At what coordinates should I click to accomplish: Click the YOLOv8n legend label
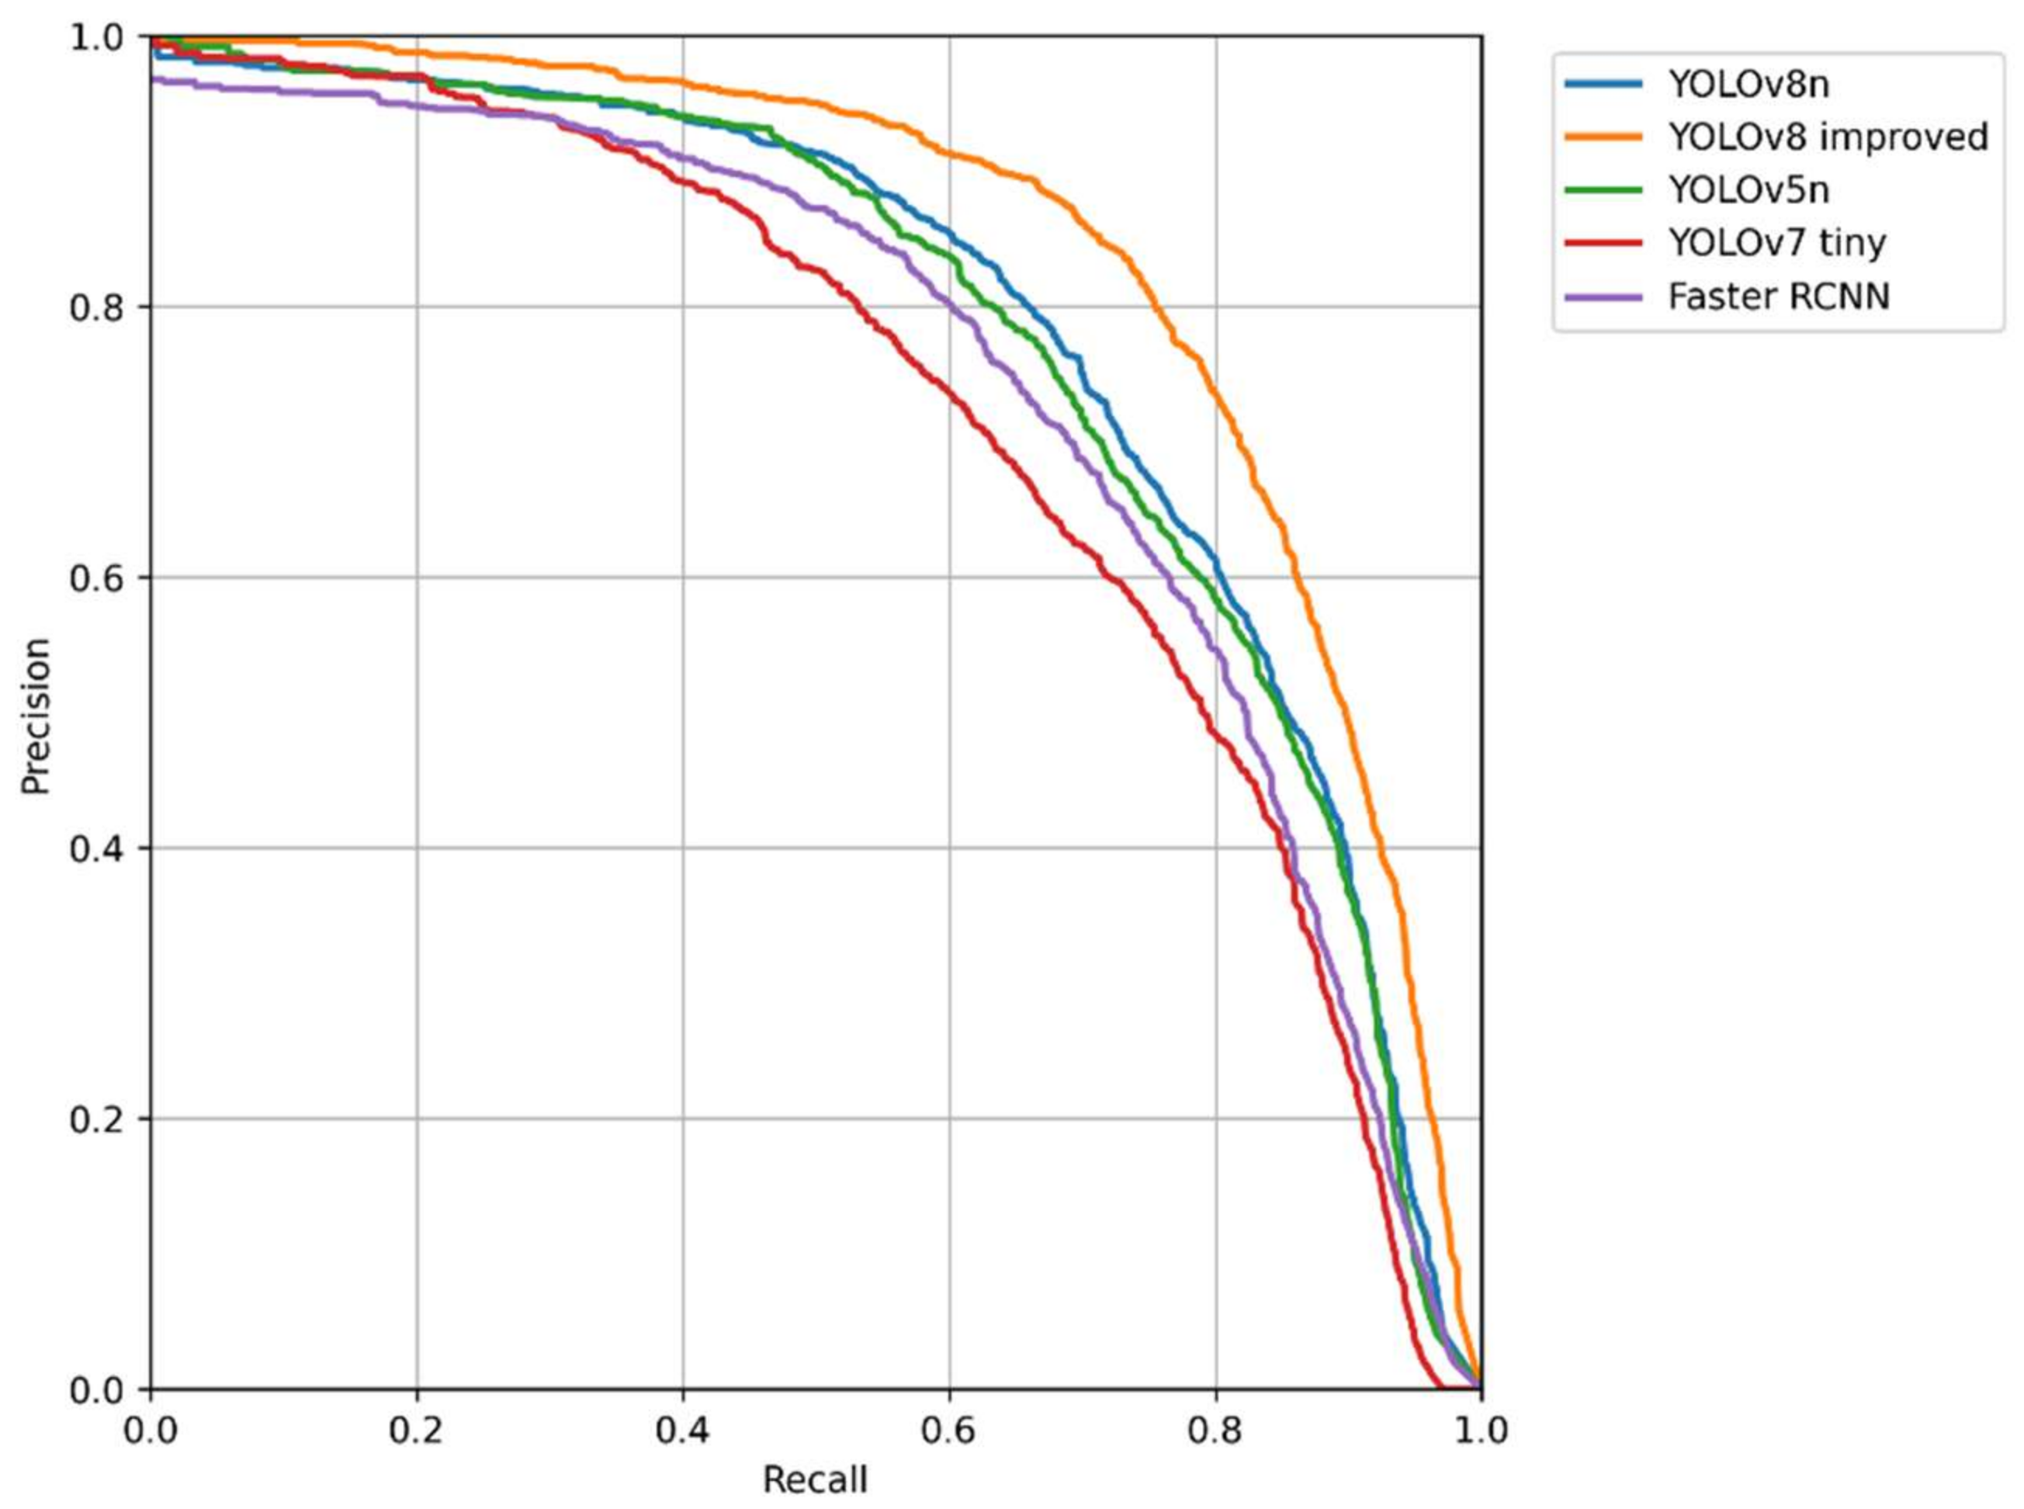pos(1748,84)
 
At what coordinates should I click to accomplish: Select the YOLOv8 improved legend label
pos(1828,137)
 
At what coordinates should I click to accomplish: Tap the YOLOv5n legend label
pos(1748,190)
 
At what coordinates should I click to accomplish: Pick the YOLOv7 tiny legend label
pos(1776,243)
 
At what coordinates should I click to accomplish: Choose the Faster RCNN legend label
pos(1778,296)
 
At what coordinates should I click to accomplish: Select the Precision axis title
pos(36,716)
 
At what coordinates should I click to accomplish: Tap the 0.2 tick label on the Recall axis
pos(417,1431)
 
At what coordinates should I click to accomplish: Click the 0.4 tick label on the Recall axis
pos(683,1431)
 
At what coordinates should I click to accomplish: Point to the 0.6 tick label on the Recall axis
pos(949,1431)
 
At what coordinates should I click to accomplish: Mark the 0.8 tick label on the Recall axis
pos(1215,1431)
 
